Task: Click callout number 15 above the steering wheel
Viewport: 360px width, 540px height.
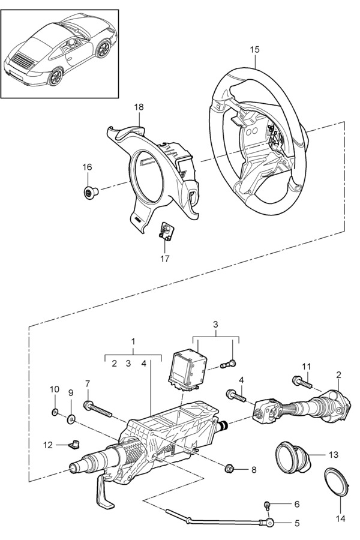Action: tap(254, 50)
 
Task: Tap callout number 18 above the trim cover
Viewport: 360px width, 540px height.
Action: tap(139, 107)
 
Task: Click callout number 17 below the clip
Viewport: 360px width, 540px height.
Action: tap(165, 258)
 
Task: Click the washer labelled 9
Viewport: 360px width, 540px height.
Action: tap(71, 418)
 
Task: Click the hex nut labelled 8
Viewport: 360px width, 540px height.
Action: tap(229, 468)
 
